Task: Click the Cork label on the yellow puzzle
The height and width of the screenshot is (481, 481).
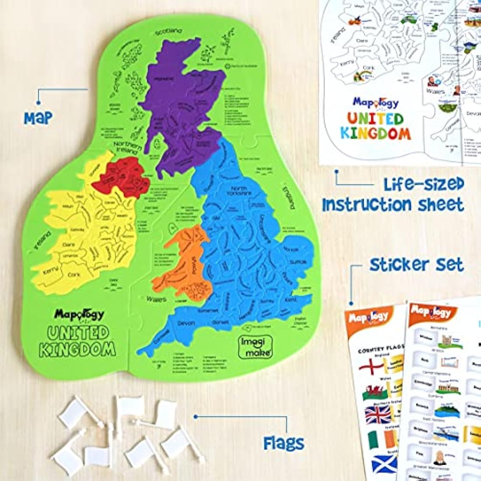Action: [x=74, y=275]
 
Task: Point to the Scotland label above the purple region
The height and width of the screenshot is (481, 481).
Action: [x=168, y=31]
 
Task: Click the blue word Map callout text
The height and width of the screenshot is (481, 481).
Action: [x=38, y=117]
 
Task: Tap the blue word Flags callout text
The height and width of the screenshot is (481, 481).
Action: [x=284, y=443]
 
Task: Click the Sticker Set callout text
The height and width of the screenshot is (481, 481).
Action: [x=416, y=265]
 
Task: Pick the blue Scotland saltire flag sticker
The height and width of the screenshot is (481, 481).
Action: [x=384, y=464]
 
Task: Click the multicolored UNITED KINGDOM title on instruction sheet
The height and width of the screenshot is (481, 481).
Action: [x=376, y=126]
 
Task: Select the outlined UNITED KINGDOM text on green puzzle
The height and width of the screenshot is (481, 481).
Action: [x=78, y=341]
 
